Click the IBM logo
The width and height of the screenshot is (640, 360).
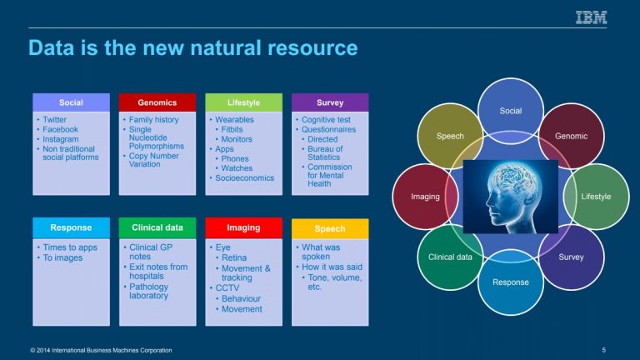tap(591, 17)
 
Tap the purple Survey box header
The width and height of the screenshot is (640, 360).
tap(330, 102)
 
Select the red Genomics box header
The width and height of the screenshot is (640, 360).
tap(157, 102)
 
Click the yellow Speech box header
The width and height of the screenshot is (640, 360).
tap(330, 228)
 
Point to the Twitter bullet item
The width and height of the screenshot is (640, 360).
tap(54, 120)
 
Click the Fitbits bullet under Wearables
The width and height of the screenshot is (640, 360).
tap(232, 129)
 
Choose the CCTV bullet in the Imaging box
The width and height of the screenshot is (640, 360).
tap(227, 287)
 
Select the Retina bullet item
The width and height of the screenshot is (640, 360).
tap(234, 257)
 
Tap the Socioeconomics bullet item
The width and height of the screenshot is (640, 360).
tap(244, 178)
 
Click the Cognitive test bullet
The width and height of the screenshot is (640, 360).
tap(326, 120)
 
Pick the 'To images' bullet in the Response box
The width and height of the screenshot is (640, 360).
tap(62, 258)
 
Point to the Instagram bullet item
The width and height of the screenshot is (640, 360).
tap(60, 139)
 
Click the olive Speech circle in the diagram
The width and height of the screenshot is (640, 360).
tap(450, 136)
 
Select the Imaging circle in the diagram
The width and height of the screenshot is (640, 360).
tap(425, 197)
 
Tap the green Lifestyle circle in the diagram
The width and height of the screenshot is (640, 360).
tap(596, 197)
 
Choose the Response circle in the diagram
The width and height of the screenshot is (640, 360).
tap(510, 282)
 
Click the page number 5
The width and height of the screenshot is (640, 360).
tap(603, 350)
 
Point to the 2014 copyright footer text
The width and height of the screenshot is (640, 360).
tap(101, 350)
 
